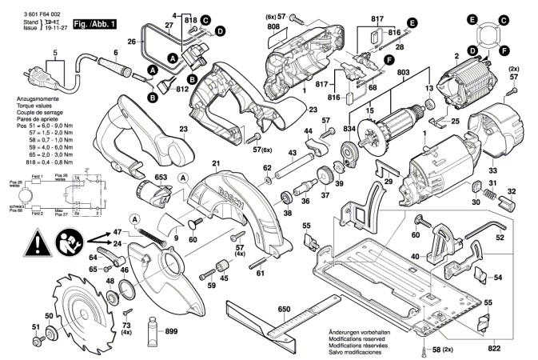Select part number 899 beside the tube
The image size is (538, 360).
click(x=170, y=331)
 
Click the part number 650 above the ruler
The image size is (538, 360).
click(x=284, y=308)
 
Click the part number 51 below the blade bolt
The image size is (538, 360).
click(x=34, y=326)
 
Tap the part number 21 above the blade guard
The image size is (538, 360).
click(x=215, y=164)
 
